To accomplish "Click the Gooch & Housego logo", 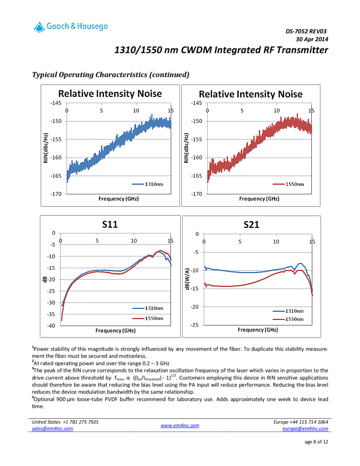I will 71,27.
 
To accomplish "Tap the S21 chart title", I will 251,224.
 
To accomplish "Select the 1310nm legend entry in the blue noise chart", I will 151,184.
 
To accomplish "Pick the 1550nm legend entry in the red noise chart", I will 292,184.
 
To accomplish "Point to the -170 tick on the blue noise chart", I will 56,194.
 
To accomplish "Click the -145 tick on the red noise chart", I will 196,103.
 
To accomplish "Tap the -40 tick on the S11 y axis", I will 50,326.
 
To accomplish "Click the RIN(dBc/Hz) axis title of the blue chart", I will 46,148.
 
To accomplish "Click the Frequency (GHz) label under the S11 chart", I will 115,330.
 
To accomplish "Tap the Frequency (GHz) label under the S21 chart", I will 258,330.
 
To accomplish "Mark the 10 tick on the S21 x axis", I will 276,241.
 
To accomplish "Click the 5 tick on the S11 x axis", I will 97,240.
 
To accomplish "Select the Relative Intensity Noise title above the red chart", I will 251,94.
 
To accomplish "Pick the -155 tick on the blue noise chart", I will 56,139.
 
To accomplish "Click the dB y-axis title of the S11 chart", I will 45,279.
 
